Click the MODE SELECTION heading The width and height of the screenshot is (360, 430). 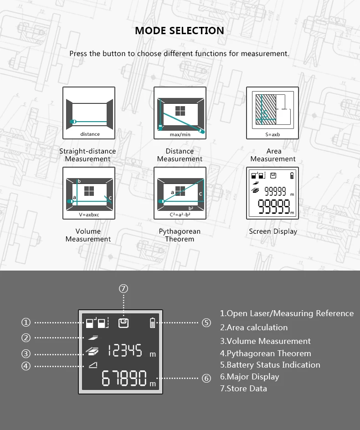180,31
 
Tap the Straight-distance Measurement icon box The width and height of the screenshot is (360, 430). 88,113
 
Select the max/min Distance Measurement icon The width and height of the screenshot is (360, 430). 180,113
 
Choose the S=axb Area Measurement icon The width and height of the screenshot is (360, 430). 272,113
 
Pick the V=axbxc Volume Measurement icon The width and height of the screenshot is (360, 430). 88,193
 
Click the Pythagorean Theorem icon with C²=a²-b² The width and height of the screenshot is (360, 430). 180,193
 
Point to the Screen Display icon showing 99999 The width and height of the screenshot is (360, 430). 272,193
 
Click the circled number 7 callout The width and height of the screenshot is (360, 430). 123,288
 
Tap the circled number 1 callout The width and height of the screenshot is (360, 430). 26,322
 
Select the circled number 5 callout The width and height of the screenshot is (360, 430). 206,322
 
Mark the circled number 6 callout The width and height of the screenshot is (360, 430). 206,378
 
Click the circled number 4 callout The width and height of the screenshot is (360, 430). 26,366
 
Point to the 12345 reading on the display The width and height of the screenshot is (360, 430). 125,351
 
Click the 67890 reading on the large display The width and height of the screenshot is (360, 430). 124,378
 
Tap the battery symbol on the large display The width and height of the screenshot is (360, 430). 153,323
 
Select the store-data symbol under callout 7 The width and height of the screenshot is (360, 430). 123,323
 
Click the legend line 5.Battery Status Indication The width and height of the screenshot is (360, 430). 270,365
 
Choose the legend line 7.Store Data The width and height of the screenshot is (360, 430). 243,388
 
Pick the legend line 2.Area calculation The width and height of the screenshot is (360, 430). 254,327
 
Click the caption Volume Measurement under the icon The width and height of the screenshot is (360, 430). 88,235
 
